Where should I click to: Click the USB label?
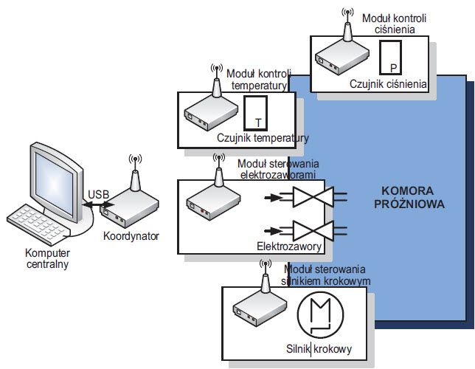[x=99, y=195]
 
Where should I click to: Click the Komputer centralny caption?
[x=46, y=258]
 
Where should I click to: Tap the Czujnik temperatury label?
[x=263, y=138]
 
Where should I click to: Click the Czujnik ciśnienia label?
[x=389, y=84]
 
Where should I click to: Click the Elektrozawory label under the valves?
[x=286, y=245]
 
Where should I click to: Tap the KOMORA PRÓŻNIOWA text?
[x=413, y=197]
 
